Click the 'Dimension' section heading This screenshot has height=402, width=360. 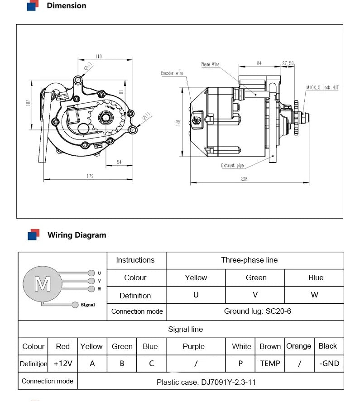[x=66, y=6]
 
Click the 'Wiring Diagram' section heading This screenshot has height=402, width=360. [x=77, y=235]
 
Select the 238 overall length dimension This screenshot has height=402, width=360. [x=244, y=179]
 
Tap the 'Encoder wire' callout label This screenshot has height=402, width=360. [x=172, y=73]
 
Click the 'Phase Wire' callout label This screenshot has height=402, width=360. [x=210, y=65]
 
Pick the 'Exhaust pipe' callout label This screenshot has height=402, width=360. [x=232, y=166]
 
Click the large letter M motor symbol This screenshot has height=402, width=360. [x=43, y=284]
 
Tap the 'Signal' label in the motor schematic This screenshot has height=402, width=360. [x=88, y=305]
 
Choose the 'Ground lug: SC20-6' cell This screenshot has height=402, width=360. [x=254, y=311]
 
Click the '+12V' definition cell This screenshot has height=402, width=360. [x=62, y=364]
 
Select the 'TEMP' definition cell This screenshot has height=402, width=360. [x=270, y=364]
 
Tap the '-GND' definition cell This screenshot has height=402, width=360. [x=328, y=364]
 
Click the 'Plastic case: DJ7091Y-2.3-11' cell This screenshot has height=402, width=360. [x=206, y=382]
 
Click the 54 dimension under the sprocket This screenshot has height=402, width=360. [x=119, y=162]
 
